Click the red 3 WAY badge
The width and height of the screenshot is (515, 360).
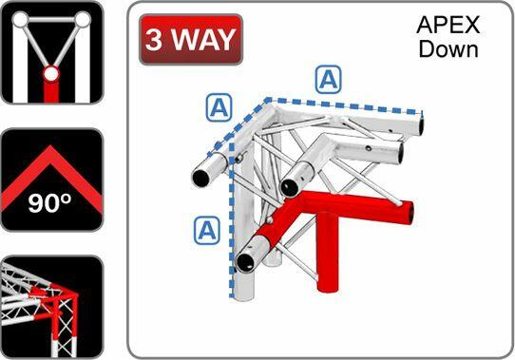point(191,41)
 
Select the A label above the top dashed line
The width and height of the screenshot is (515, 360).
point(329,80)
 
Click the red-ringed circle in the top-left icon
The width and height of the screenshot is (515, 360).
point(51,72)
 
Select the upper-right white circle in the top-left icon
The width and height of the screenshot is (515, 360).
point(84,19)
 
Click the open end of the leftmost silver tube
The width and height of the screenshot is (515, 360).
point(201,176)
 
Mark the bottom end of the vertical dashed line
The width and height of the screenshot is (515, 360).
point(231,296)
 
